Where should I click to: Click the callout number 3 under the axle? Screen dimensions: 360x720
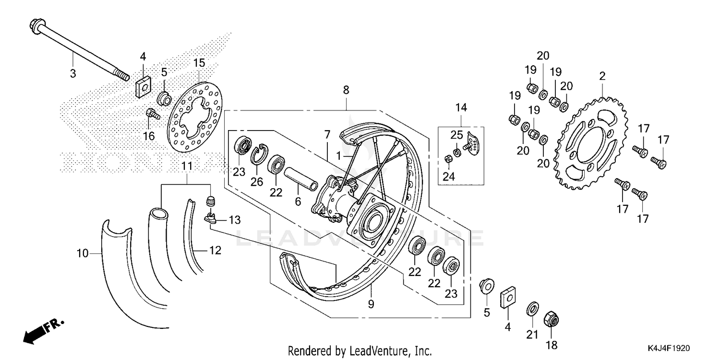(x=73, y=73)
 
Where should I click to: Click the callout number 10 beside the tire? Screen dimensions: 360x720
(x=83, y=253)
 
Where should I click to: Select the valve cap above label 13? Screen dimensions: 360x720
(x=209, y=200)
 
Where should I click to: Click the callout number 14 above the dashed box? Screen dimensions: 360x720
(x=461, y=107)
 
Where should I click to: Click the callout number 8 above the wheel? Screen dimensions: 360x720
(x=346, y=90)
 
